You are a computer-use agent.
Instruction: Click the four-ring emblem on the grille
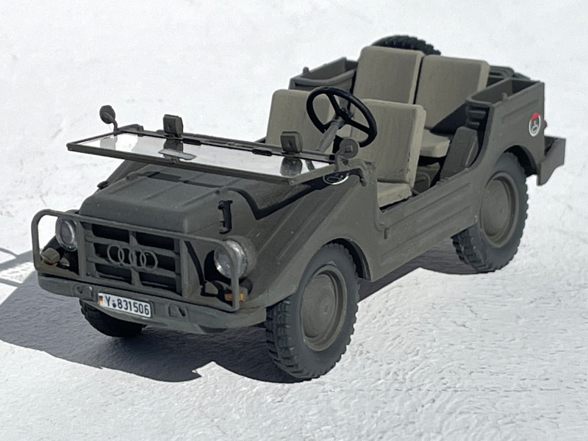(x=132, y=257)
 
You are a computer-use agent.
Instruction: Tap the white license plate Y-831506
(x=124, y=304)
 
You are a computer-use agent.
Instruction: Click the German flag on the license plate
(x=101, y=299)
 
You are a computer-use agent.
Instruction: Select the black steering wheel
(x=340, y=115)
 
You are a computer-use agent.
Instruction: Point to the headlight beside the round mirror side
(x=66, y=233)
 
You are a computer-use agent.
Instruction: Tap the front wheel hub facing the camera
(x=323, y=307)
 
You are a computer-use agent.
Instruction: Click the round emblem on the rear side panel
(x=535, y=124)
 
